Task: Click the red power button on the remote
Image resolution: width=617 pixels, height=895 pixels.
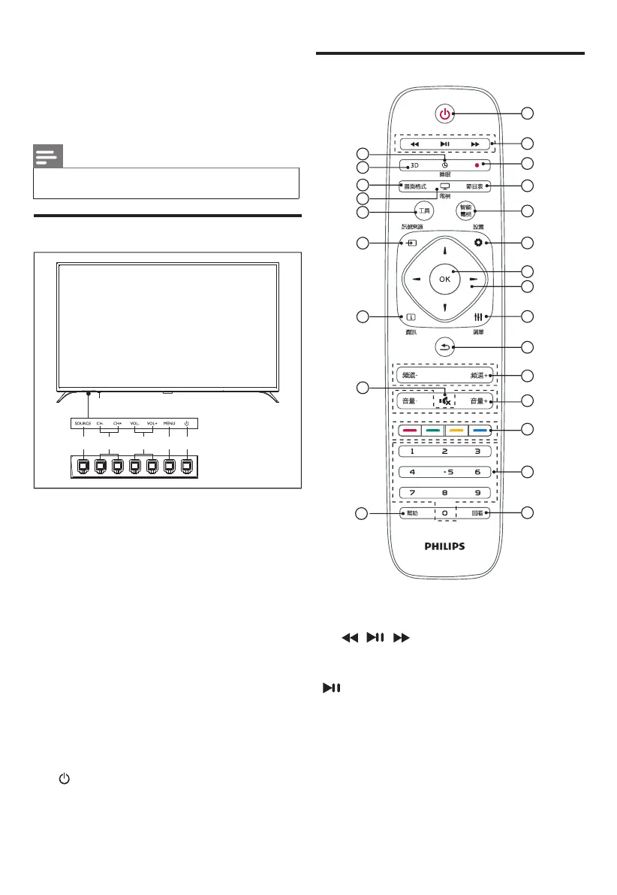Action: coord(444,114)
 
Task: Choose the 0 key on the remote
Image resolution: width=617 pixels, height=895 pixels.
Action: coord(444,514)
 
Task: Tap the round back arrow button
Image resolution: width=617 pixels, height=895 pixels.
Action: coord(444,346)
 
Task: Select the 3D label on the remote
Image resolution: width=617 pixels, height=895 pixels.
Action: coord(414,166)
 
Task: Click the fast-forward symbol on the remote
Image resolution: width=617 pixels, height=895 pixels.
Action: coord(474,144)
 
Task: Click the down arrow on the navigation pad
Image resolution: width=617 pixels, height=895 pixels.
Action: coord(444,307)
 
